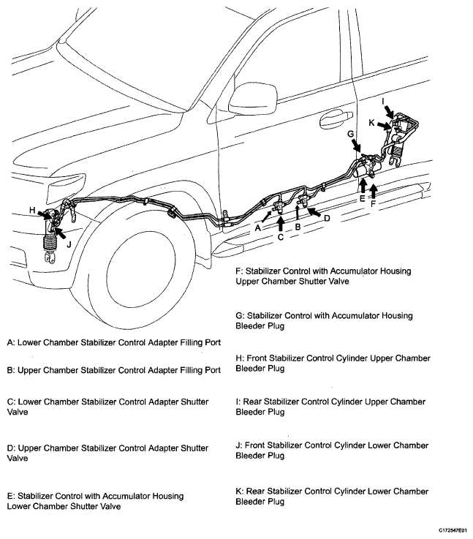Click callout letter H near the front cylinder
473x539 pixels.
(x=32, y=211)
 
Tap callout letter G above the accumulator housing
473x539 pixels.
(x=350, y=135)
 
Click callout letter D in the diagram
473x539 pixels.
(x=327, y=218)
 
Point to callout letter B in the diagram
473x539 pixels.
(x=298, y=227)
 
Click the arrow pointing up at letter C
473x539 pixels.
(x=280, y=222)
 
